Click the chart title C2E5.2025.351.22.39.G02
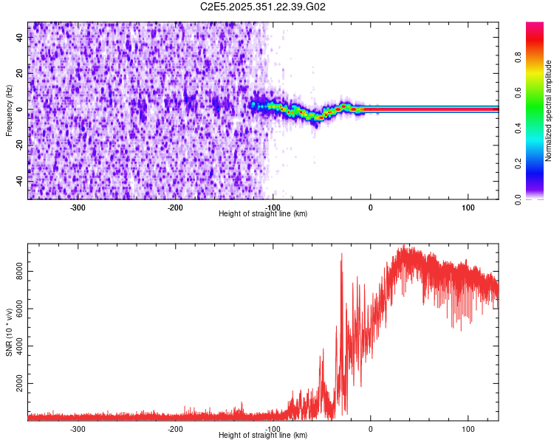point(264,7)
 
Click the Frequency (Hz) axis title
point(10,110)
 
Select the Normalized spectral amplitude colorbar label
point(549,110)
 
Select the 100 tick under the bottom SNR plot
point(468,428)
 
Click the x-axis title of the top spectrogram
point(263,213)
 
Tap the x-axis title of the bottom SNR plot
point(263,435)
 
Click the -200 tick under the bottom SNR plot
point(175,428)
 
